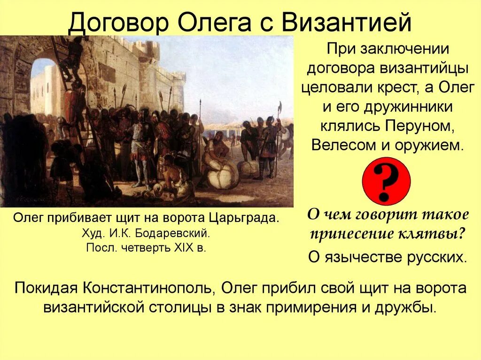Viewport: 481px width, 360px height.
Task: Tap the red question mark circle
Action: (x=387, y=181)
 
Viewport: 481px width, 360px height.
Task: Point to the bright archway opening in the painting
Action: (x=44, y=87)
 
